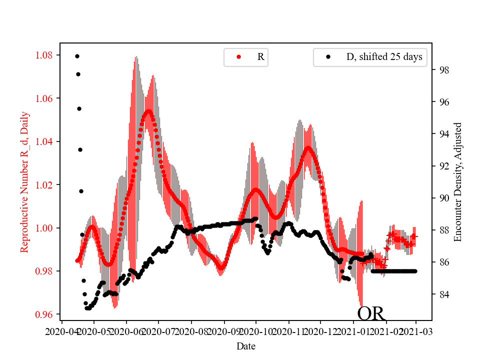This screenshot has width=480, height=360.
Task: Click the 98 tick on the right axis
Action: (443, 70)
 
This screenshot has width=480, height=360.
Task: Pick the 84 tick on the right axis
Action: (443, 294)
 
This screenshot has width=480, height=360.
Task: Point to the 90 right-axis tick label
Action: (443, 198)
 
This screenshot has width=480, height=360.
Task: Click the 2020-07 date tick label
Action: (158, 331)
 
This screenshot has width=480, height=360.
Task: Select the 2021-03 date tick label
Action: (416, 331)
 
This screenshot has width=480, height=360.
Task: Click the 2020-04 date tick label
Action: (61, 331)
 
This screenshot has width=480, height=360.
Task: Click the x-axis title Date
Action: (246, 345)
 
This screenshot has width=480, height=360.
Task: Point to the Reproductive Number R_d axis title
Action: (24, 182)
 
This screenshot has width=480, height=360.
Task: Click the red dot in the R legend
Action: (238, 57)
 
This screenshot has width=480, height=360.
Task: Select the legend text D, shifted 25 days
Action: (384, 57)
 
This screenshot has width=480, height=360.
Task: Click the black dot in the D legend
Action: (328, 57)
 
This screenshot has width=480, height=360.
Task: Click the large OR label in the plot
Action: (371, 313)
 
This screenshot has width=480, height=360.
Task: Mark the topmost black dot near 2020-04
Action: (77, 56)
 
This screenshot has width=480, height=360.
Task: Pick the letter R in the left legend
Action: (260, 57)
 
